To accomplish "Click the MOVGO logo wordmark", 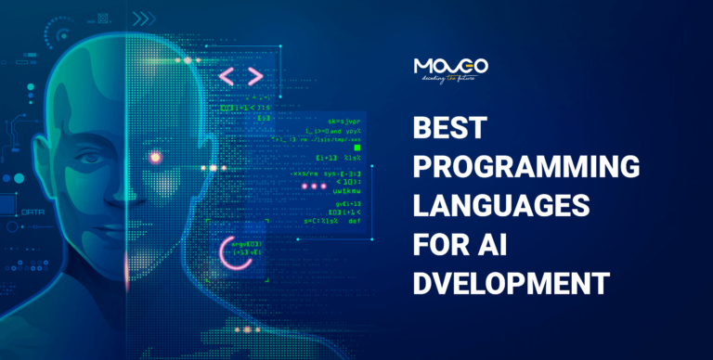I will pyautogui.click(x=450, y=67).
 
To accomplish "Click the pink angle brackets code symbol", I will pyautogui.click(x=241, y=77).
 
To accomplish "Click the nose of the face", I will pyautogui.click(x=123, y=190).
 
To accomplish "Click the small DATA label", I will pyautogui.click(x=32, y=212).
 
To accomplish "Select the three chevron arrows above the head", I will pyautogui.click(x=143, y=18).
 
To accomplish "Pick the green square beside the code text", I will pyautogui.click(x=357, y=147).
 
